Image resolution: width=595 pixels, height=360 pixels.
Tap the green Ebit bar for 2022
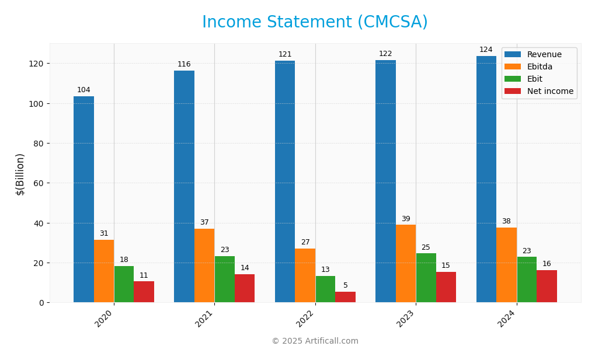coord(325,289)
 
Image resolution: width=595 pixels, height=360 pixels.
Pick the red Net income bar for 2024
coord(547,286)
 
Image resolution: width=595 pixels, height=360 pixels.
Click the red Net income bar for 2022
coord(345,297)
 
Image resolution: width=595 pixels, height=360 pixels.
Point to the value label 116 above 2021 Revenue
coord(184,64)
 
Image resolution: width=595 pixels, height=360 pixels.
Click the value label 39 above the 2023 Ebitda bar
coord(406,219)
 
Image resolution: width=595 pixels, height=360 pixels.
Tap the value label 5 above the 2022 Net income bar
coord(345,285)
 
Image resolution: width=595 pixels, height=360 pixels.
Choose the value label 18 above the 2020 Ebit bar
coord(124,260)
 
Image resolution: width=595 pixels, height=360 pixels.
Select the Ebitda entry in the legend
coord(540,67)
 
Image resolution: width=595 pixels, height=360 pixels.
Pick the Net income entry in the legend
coord(550,92)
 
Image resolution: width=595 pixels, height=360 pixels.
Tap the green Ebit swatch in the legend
coord(512,79)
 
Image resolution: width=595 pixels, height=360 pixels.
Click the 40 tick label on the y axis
coord(39,223)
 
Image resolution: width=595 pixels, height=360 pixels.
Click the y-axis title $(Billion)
coord(20,174)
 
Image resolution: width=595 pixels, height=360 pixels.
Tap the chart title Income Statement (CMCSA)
coord(315,22)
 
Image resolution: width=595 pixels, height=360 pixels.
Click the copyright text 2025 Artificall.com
coord(315,341)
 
